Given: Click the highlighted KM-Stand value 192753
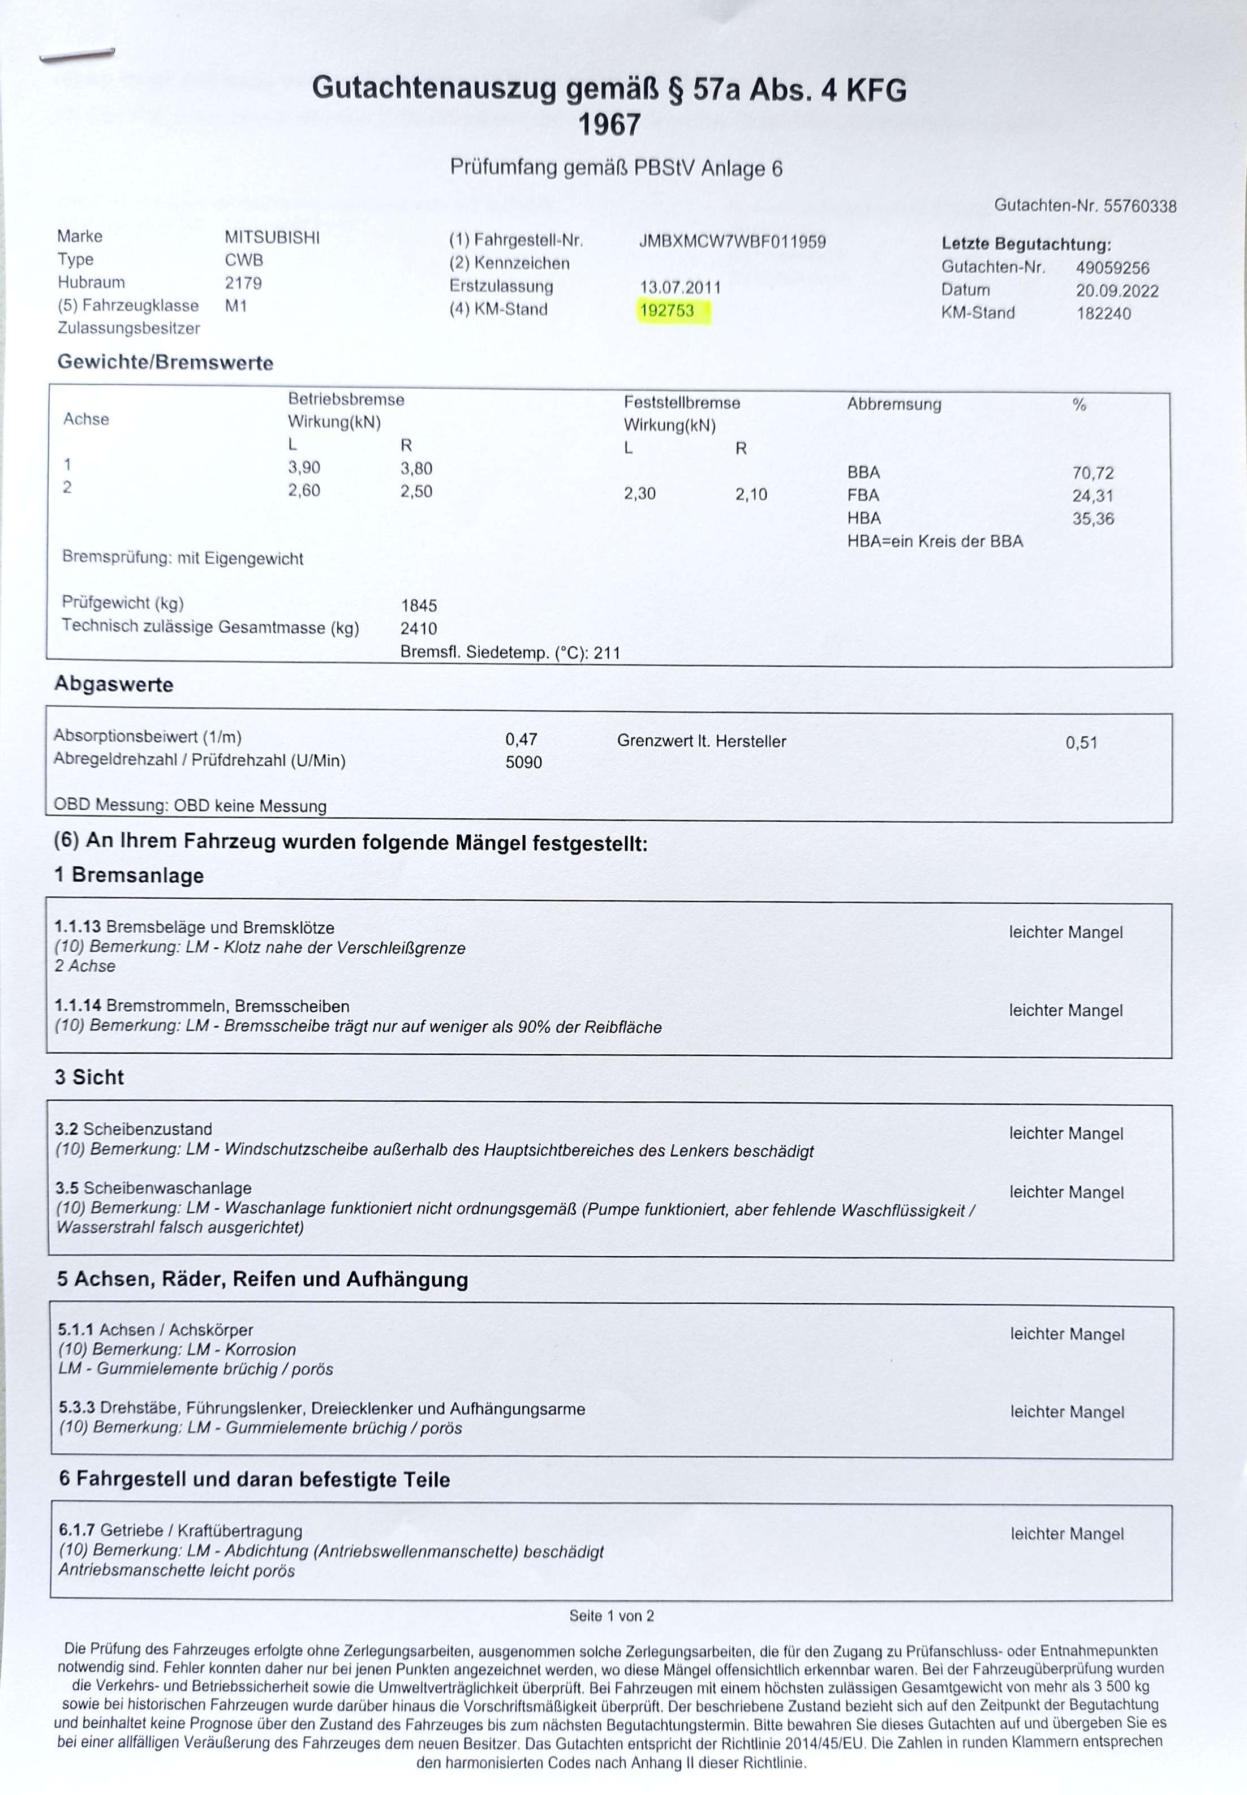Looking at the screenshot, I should [666, 311].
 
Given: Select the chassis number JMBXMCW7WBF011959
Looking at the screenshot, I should [732, 242].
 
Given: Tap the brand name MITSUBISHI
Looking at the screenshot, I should [272, 238].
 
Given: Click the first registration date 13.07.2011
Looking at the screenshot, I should [680, 287].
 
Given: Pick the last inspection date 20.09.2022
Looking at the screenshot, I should [1116, 291].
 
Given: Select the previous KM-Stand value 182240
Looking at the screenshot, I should [1103, 314].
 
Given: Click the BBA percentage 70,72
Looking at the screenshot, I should [1093, 473].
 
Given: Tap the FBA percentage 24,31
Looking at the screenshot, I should [1093, 496].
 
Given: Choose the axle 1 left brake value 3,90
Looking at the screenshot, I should [304, 467].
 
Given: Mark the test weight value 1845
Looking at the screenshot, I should [419, 606].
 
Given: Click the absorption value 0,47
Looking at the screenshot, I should [521, 739].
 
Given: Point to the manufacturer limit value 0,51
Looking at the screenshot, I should [1081, 742].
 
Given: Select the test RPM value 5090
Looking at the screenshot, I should [523, 762].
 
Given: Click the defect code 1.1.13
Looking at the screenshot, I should [78, 927].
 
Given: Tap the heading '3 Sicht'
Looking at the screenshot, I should [89, 1077].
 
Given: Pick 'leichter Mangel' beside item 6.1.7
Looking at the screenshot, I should [1067, 1534].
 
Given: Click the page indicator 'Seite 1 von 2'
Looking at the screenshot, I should [611, 1615].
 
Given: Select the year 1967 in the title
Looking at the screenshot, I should [609, 125].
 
